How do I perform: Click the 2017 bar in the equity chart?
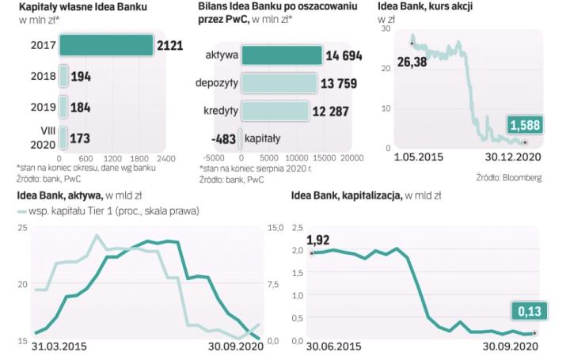(x=104, y=46)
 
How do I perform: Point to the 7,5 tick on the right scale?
(x=273, y=284)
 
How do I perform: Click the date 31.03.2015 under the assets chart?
(x=59, y=347)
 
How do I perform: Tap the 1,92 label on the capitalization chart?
(x=318, y=239)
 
